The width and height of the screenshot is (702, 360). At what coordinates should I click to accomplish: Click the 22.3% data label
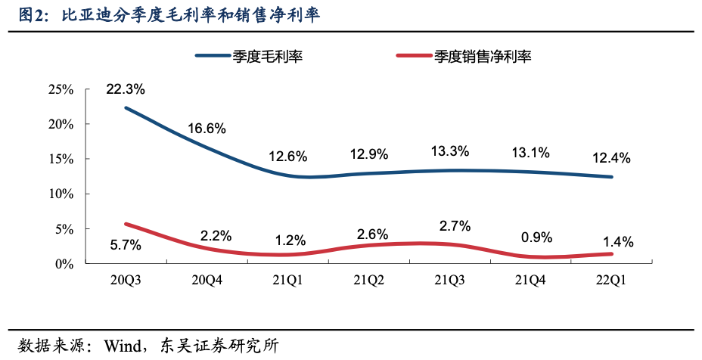(x=126, y=89)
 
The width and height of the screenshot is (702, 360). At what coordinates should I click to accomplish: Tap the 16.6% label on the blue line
(x=207, y=129)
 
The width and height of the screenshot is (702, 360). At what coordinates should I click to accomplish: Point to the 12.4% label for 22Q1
(x=612, y=158)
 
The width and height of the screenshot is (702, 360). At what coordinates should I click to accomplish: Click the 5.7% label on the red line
(x=126, y=245)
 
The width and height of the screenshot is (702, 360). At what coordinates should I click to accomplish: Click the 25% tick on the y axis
(x=61, y=90)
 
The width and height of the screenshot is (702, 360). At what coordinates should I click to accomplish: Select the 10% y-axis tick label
(x=61, y=194)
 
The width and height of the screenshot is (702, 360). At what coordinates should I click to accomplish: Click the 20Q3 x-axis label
(x=126, y=281)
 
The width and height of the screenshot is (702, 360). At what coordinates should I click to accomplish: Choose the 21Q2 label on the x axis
(x=368, y=281)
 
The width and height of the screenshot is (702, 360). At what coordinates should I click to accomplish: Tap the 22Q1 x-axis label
(x=612, y=281)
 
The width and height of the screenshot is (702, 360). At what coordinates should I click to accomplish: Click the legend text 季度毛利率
(x=268, y=56)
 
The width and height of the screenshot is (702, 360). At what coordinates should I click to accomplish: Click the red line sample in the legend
(x=413, y=56)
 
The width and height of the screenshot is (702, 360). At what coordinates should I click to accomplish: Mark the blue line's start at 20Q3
(x=126, y=107)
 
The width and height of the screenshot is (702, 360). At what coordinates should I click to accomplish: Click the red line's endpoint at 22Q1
(x=611, y=254)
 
